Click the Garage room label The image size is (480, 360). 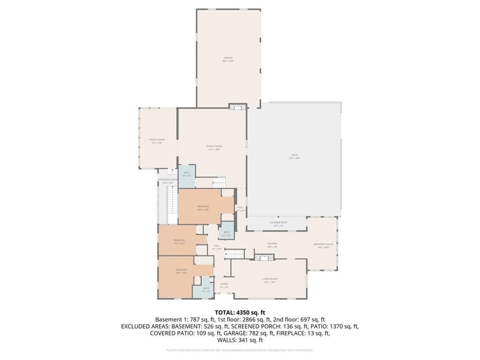point(228,58)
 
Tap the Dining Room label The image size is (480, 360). point(157,140)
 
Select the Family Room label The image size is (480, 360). point(214,147)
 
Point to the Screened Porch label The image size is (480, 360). point(167,180)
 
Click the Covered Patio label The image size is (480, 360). point(278,223)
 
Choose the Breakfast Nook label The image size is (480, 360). point(323,245)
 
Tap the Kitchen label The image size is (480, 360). point(272,244)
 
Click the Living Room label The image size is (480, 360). point(270,279)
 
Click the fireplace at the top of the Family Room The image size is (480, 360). point(237,106)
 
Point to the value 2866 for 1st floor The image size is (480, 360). point(249,319)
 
